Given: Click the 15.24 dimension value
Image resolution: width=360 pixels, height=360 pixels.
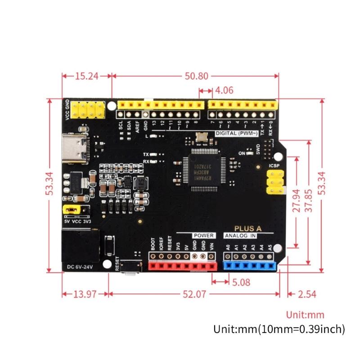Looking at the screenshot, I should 86,76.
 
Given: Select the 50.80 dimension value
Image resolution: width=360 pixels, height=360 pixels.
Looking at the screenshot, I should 196,76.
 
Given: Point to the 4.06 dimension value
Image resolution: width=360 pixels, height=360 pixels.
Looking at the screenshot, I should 224,90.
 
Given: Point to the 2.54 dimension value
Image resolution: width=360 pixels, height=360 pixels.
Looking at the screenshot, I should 307,294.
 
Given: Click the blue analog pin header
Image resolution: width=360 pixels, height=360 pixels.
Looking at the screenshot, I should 249,266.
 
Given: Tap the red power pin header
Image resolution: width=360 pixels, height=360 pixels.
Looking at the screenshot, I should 182,266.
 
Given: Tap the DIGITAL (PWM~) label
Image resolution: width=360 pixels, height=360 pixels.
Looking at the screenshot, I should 236,134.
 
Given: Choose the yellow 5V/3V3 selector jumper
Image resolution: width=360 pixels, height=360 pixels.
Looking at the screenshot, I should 69,209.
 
